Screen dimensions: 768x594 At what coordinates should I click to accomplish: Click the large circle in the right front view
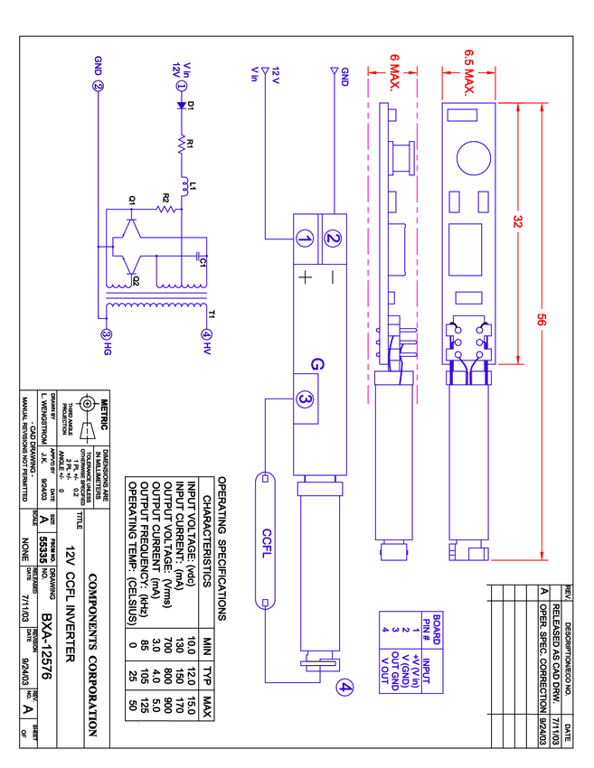[x=474, y=157]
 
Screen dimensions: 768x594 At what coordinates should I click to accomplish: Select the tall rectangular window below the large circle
[x=466, y=249]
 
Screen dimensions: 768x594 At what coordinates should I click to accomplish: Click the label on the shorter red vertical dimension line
[x=518, y=221]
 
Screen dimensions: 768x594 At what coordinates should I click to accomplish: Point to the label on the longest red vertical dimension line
[x=542, y=319]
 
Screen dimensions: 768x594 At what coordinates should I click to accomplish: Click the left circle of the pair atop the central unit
[x=306, y=239]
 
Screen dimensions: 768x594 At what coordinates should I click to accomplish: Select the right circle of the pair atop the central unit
[x=334, y=239]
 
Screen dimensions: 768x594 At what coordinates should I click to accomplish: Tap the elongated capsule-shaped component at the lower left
[x=265, y=540]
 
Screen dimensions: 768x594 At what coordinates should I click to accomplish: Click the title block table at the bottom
[x=410, y=652]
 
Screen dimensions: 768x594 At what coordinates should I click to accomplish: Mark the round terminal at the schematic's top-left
[x=98, y=85]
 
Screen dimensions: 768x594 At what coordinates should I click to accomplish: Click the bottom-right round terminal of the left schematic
[x=207, y=335]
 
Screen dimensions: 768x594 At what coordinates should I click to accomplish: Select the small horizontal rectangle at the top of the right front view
[x=462, y=116]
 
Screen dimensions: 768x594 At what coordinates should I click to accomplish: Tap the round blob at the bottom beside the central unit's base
[x=344, y=688]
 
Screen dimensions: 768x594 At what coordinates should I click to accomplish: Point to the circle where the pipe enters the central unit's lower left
[x=306, y=399]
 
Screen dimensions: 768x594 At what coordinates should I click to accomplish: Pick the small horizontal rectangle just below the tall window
[x=469, y=297]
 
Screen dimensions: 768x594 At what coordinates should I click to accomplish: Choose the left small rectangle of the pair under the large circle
[x=455, y=202]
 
